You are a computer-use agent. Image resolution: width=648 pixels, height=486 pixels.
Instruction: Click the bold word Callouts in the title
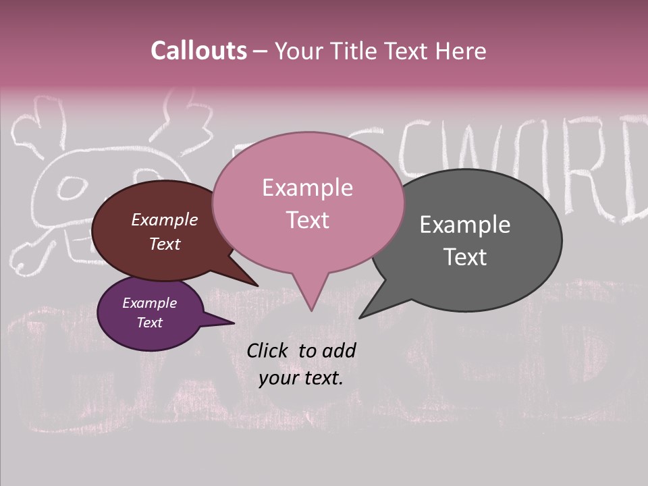(198, 51)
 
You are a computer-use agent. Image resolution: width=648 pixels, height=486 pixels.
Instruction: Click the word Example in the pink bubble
(307, 188)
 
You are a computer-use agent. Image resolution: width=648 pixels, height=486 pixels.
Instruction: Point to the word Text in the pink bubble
(308, 220)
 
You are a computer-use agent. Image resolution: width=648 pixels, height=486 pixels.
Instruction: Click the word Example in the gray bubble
(464, 225)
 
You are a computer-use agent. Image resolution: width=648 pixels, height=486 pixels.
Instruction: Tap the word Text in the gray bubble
(465, 257)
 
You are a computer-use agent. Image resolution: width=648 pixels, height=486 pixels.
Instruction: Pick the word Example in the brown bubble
(164, 220)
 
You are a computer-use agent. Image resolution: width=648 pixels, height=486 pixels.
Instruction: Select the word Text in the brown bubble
(165, 244)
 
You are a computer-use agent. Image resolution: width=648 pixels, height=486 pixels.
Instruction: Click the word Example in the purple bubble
(149, 303)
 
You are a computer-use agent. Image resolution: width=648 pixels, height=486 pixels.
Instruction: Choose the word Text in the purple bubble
(149, 323)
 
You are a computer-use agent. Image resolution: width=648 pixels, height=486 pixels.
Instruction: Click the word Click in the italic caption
(269, 350)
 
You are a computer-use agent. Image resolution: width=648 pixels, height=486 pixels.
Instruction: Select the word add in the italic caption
(340, 350)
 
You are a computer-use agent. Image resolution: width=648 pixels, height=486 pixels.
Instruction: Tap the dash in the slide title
(261, 51)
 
